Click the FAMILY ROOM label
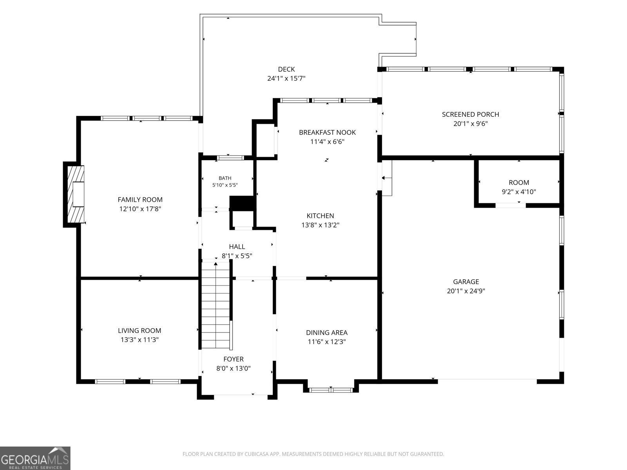pyautogui.click(x=140, y=199)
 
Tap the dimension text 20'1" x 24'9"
pyautogui.click(x=466, y=291)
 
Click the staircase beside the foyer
pyautogui.click(x=216, y=305)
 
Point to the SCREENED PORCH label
pyautogui.click(x=471, y=114)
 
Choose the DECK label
pyautogui.click(x=286, y=69)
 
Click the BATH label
pyautogui.click(x=225, y=178)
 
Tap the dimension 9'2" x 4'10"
pyautogui.click(x=519, y=192)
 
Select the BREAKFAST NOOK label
pyautogui.click(x=327, y=132)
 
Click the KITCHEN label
pyautogui.click(x=320, y=216)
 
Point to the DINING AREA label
pyautogui.click(x=327, y=333)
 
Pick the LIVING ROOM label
pyautogui.click(x=140, y=331)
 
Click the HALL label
pyautogui.click(x=237, y=247)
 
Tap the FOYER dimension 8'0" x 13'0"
pyautogui.click(x=234, y=369)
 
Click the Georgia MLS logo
pyautogui.click(x=35, y=458)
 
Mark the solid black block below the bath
pyautogui.click(x=242, y=203)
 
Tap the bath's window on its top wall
pyautogui.click(x=230, y=158)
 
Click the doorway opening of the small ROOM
pyautogui.click(x=511, y=206)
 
